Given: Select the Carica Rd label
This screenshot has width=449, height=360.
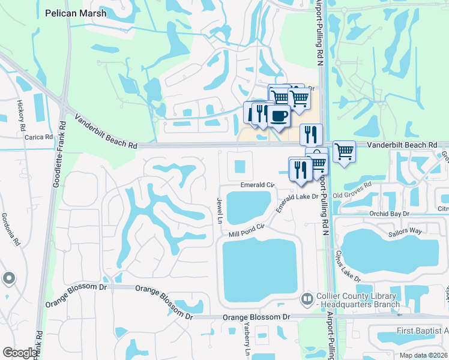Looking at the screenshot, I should [39, 137].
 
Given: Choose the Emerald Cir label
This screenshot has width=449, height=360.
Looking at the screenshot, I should [257, 185].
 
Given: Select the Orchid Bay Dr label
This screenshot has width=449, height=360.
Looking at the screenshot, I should [389, 214].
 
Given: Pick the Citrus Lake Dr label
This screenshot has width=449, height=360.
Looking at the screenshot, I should [348, 266].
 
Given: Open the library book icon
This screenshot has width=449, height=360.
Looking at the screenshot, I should [307, 298].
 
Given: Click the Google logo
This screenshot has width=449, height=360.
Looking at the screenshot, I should [20, 353].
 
